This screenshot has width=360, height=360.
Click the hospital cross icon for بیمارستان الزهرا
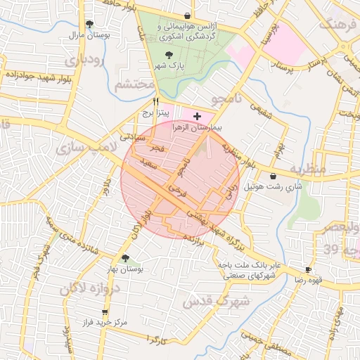click(x=196, y=115)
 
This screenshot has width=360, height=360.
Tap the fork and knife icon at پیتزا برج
click(x=146, y=102)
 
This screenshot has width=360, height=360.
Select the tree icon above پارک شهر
click(x=167, y=54)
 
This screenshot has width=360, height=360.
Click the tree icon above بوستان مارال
click(x=89, y=24)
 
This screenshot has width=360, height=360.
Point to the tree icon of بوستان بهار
click(x=126, y=258)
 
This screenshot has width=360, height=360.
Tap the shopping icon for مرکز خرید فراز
click(x=105, y=311)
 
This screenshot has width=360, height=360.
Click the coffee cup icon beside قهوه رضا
click(x=308, y=270)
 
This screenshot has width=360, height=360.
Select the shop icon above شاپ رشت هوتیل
click(x=272, y=176)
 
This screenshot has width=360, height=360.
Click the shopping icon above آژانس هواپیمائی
click(x=186, y=15)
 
